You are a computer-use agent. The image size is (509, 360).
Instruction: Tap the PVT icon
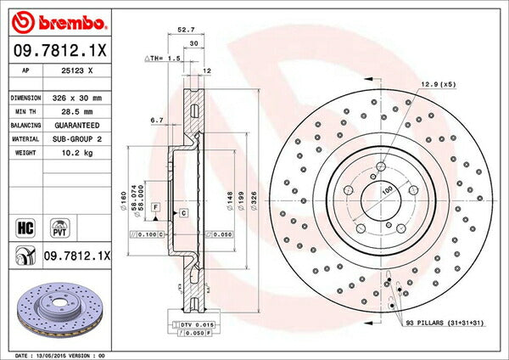[59, 227]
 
